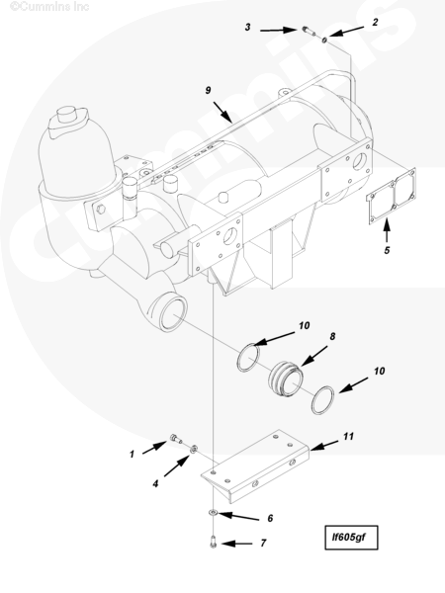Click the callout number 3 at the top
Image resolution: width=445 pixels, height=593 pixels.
[x=247, y=28]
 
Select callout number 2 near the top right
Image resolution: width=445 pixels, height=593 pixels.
[x=375, y=22]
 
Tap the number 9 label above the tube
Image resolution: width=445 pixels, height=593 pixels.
[x=208, y=90]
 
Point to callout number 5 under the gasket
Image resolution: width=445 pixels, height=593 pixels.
[x=387, y=250]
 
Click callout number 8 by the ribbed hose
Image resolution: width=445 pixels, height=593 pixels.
[x=332, y=336]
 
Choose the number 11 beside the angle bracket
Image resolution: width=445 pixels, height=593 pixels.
[x=348, y=437]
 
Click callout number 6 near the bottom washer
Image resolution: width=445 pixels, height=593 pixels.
[x=270, y=518]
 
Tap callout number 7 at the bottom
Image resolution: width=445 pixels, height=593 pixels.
[x=263, y=543]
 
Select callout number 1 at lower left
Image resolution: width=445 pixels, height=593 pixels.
[x=132, y=454]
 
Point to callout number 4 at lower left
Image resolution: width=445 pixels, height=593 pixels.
[x=155, y=483]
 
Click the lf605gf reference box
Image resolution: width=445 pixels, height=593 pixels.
[x=351, y=537]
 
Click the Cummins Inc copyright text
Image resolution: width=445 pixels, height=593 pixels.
[x=49, y=6]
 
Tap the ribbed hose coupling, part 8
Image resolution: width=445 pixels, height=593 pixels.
[x=287, y=380]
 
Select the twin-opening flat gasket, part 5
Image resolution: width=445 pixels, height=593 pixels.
[x=392, y=196]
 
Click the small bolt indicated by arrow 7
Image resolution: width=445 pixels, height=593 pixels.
[x=213, y=542]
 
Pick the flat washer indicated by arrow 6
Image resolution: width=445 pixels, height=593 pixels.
[x=213, y=512]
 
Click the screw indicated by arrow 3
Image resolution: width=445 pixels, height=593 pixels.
[x=309, y=31]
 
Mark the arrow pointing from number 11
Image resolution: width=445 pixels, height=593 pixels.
[x=324, y=445]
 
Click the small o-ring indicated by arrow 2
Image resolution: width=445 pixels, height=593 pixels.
[x=324, y=40]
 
